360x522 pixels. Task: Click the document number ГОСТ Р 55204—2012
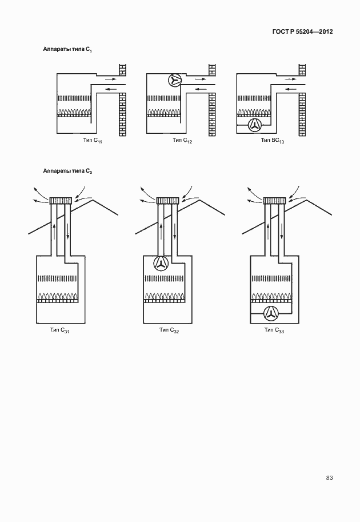coord(302,32)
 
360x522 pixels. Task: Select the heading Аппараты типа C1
coord(67,50)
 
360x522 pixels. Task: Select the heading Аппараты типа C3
coord(67,170)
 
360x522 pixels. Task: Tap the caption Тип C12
coord(182,140)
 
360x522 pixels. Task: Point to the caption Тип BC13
coord(273,140)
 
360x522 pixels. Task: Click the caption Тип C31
coord(59,330)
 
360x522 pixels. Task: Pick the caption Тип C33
coord(274,330)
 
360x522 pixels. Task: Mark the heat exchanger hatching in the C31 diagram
coord(57,278)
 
